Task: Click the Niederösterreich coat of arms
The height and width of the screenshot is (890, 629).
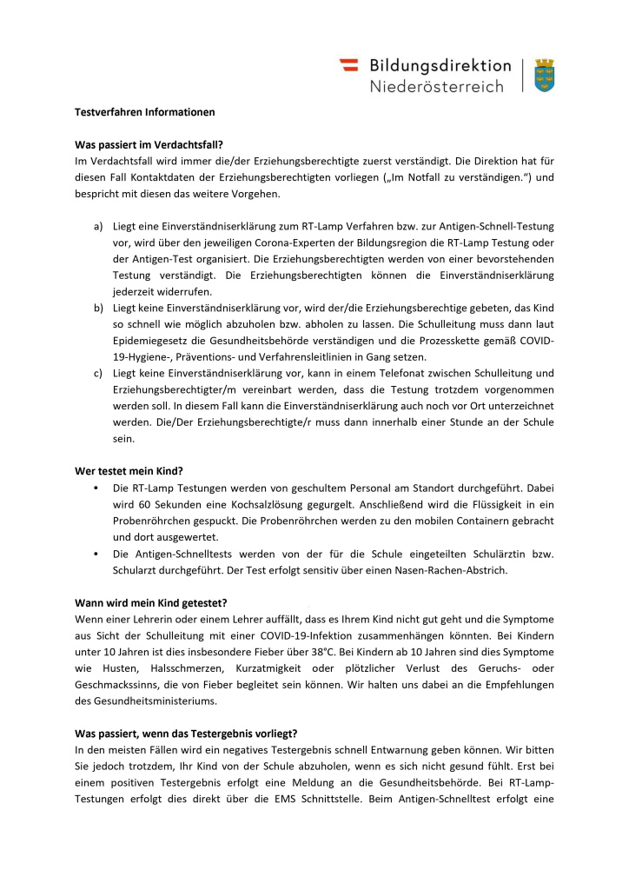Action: click(545, 76)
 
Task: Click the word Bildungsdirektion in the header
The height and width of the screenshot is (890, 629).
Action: click(440, 65)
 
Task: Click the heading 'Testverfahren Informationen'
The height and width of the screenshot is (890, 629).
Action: click(143, 112)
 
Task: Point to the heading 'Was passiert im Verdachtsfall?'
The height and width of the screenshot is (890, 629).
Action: click(149, 145)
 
